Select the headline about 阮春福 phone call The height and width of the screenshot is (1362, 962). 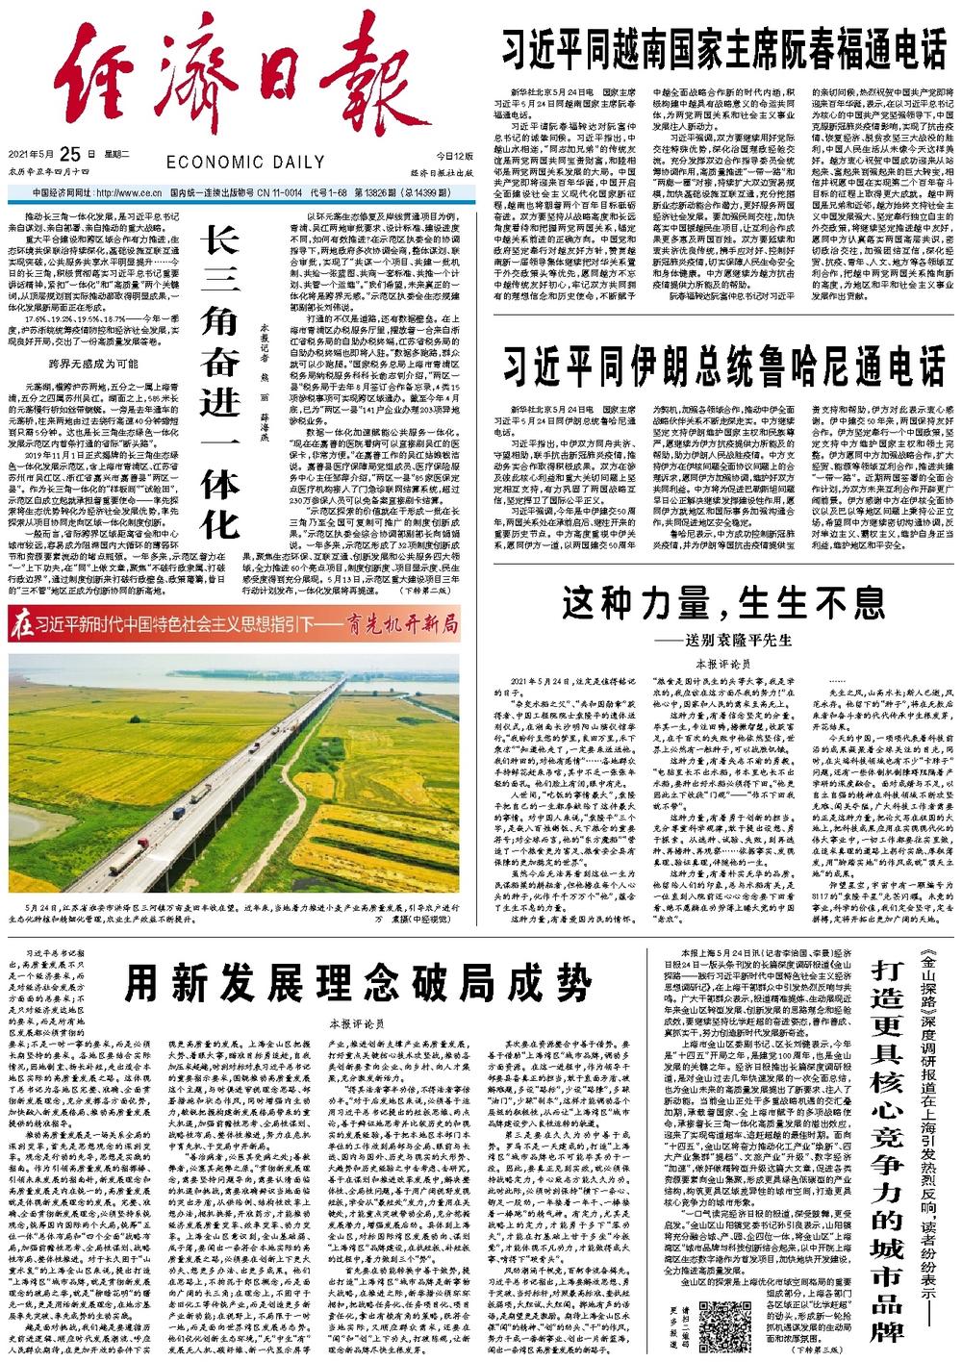tap(724, 48)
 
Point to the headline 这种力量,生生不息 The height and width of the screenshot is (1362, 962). tap(722, 603)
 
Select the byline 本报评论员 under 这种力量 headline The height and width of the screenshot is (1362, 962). tap(722, 665)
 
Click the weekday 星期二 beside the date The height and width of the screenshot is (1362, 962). tap(116, 154)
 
